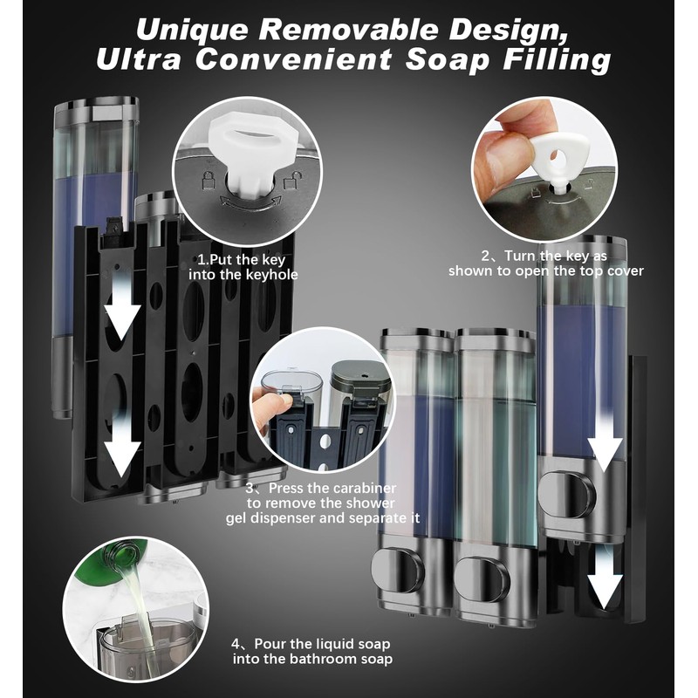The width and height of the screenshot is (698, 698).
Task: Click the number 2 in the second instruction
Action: coord(486,256)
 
